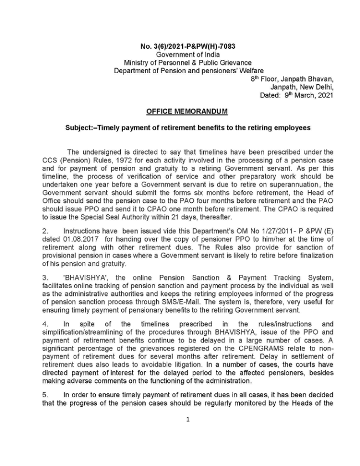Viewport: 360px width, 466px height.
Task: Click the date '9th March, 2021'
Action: [307, 95]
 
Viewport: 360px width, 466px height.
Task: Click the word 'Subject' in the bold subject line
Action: [79, 127]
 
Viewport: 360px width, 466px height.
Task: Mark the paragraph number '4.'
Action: [46, 323]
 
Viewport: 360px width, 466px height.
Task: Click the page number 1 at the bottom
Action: [188, 419]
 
